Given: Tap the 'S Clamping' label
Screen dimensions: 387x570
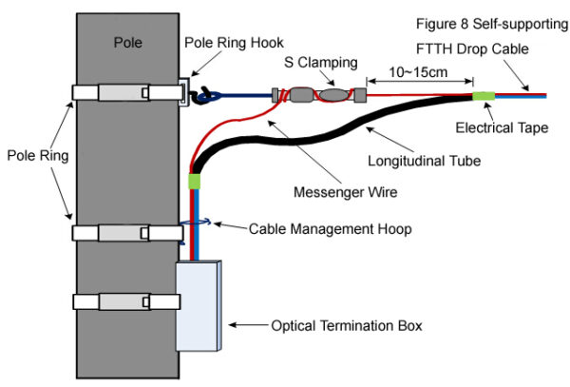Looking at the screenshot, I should coord(321,64).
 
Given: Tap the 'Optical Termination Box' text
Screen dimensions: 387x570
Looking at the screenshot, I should coord(347,326).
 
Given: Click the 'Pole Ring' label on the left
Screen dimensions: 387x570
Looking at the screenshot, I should coord(32,154).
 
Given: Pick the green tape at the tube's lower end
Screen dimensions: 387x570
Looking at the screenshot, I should coord(197,181).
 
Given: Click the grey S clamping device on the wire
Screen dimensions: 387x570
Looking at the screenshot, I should coord(318,95).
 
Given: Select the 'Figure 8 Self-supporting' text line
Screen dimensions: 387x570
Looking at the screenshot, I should coord(490,23).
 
